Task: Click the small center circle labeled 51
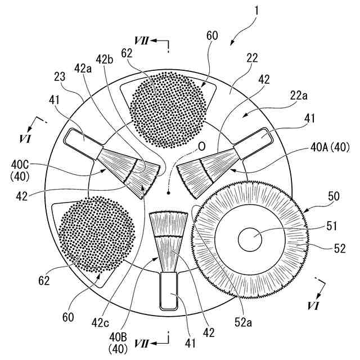(x=251, y=240)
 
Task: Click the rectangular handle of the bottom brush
(x=169, y=290)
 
